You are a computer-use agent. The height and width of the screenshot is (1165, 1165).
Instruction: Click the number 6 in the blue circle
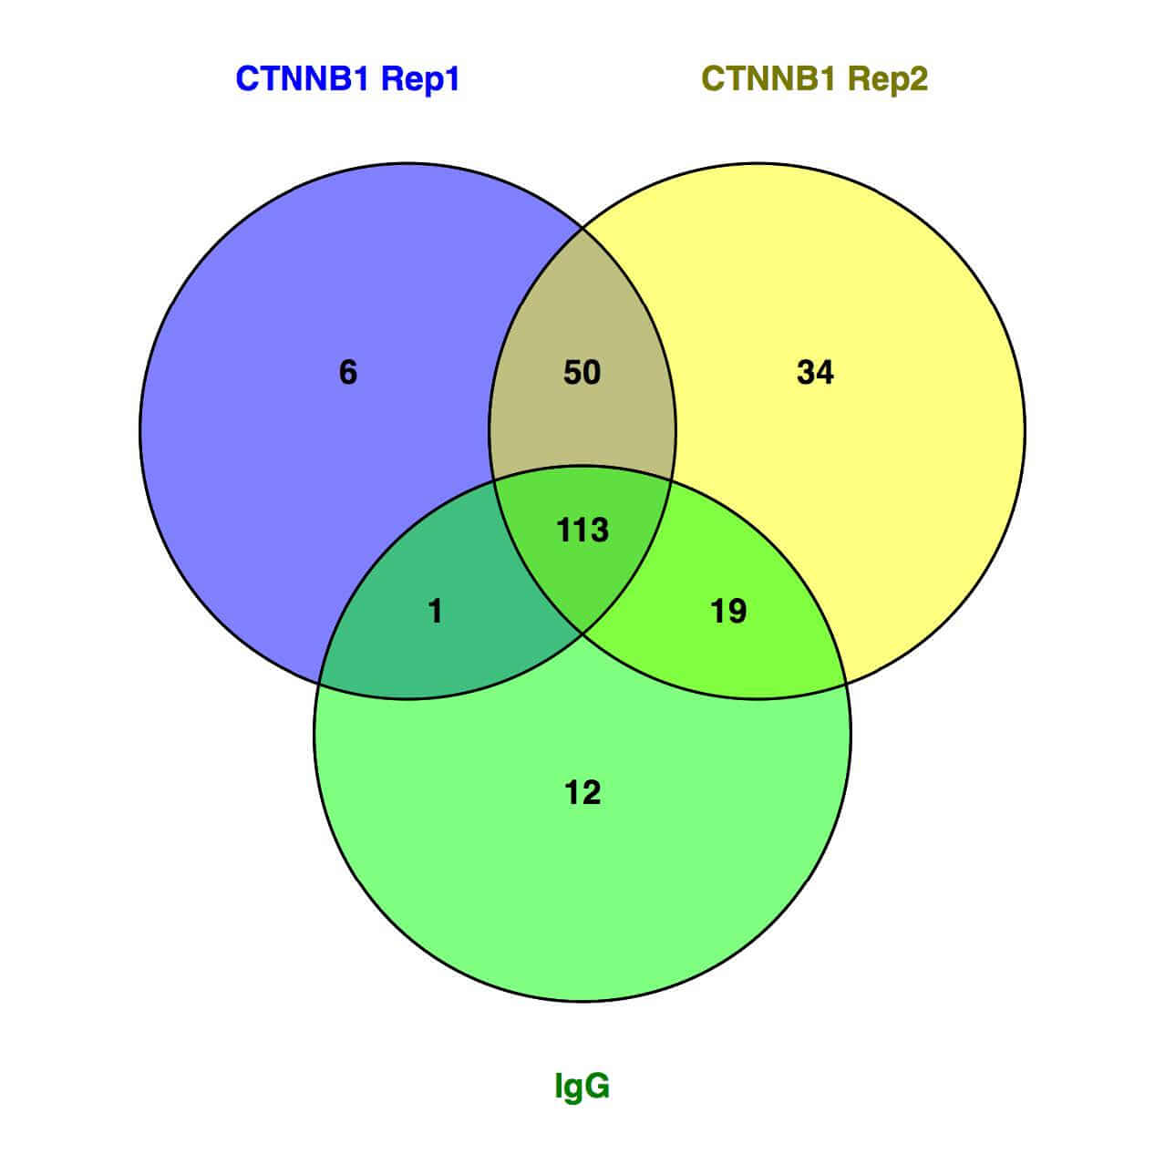click(x=347, y=372)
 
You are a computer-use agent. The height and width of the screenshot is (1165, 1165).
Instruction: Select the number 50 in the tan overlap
click(x=582, y=372)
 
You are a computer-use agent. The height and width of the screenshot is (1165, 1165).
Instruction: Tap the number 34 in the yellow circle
click(x=815, y=372)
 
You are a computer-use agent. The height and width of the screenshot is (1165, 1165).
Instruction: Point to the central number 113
click(x=582, y=530)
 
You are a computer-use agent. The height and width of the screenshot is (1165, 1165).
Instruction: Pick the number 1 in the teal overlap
click(x=436, y=611)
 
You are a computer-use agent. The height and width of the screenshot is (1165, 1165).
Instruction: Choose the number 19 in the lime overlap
click(x=728, y=611)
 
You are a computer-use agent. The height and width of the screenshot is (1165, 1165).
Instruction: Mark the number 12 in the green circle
click(x=582, y=792)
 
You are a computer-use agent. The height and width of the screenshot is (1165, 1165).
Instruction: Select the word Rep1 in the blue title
click(x=420, y=79)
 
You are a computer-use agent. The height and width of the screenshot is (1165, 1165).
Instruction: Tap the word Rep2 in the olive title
click(x=888, y=79)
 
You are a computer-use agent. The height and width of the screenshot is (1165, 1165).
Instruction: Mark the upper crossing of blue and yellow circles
click(x=582, y=228)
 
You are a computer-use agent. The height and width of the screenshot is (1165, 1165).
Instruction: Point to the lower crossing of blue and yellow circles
click(x=582, y=634)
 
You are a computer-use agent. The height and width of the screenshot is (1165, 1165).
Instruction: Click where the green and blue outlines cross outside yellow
click(x=320, y=685)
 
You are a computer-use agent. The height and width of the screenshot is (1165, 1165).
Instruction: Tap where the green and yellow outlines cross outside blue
click(x=845, y=685)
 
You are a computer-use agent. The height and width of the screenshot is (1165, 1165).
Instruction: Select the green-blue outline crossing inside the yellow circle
click(x=670, y=479)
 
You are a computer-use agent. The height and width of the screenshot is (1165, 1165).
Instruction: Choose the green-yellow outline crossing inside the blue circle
click(x=495, y=479)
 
